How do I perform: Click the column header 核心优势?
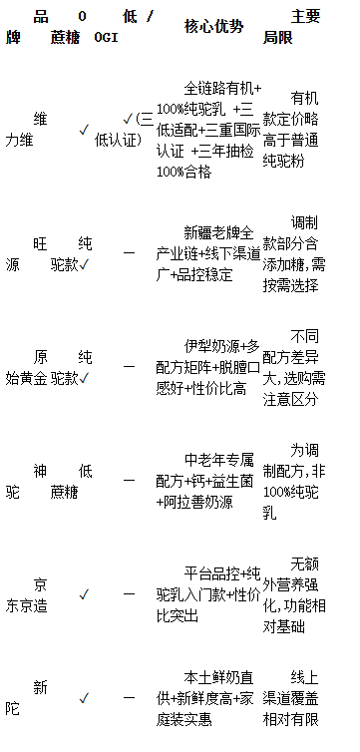click(x=213, y=27)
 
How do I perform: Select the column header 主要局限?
click(x=291, y=27)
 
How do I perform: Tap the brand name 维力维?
click(x=26, y=130)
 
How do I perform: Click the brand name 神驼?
click(x=26, y=482)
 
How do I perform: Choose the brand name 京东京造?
click(x=26, y=595)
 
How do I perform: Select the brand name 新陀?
click(x=26, y=698)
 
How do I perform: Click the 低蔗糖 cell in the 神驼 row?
click(x=72, y=482)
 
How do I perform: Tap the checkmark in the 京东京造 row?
click(x=84, y=595)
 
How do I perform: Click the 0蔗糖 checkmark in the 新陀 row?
click(x=84, y=698)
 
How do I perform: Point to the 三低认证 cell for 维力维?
click(x=124, y=130)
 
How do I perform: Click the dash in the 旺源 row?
click(x=129, y=252)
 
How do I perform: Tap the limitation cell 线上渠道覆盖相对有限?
click(x=291, y=698)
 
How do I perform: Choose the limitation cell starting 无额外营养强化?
click(x=294, y=595)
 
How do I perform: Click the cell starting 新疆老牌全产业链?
click(x=208, y=254)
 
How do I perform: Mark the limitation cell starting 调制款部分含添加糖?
click(x=294, y=254)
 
